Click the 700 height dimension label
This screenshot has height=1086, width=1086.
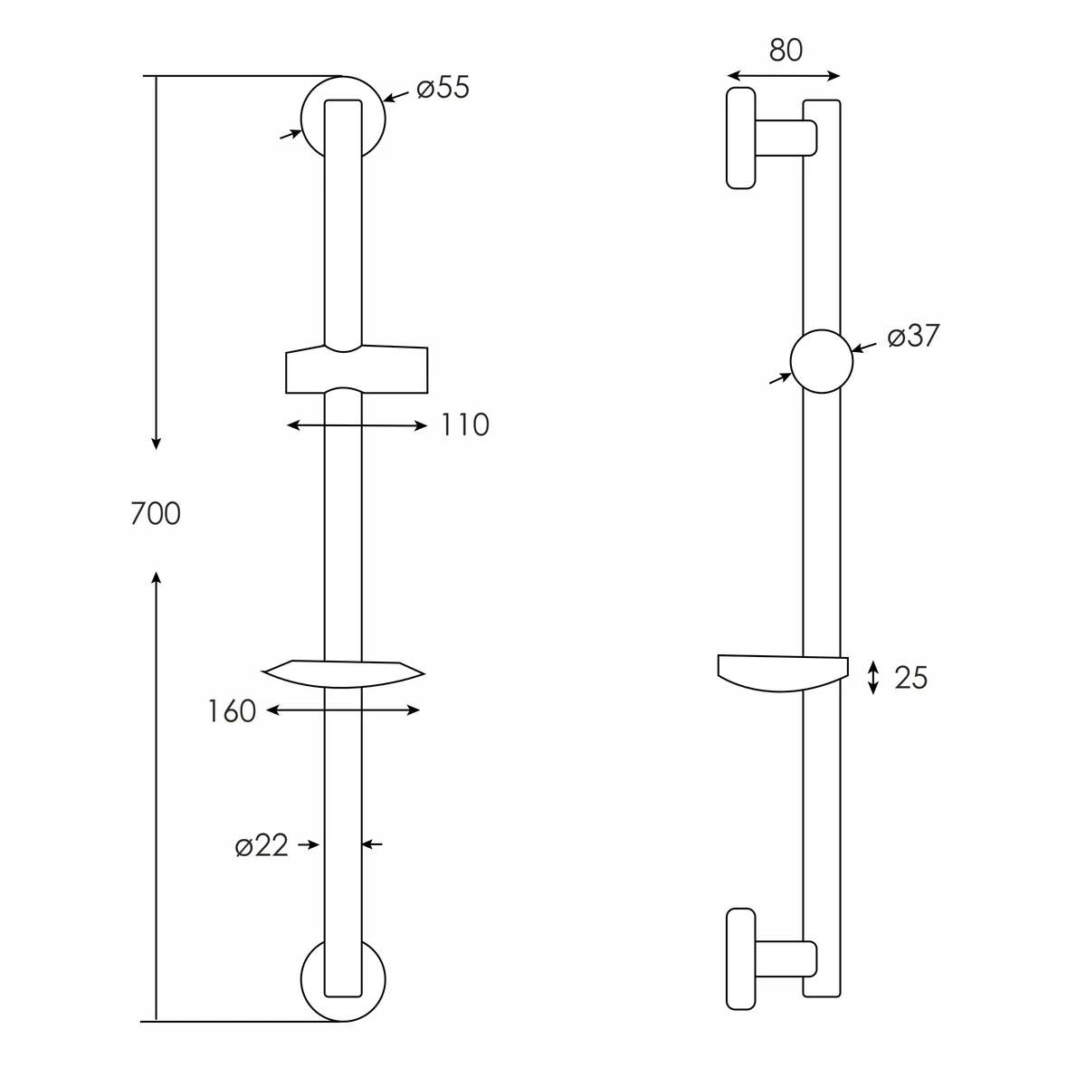point(156,513)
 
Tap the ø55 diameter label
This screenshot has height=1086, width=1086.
point(443,88)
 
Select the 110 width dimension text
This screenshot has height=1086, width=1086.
point(465,425)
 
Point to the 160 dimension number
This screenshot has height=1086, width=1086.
point(232,711)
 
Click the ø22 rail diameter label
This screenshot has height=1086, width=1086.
point(262,845)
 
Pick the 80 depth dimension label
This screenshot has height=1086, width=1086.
point(786,50)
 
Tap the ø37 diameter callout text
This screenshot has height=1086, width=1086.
point(913,336)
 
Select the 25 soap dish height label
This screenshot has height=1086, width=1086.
point(910,678)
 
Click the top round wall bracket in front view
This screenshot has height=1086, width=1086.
point(304,119)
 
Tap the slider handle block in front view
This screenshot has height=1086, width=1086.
point(357,369)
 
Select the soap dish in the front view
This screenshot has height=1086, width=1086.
point(343,674)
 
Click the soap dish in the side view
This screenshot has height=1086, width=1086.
point(783,673)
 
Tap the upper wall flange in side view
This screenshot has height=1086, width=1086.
point(740,138)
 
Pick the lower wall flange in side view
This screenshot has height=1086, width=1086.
point(740,958)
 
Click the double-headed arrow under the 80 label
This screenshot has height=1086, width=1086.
point(784,76)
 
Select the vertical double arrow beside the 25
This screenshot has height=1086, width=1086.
point(873,678)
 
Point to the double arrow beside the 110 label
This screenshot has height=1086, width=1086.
point(357,425)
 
